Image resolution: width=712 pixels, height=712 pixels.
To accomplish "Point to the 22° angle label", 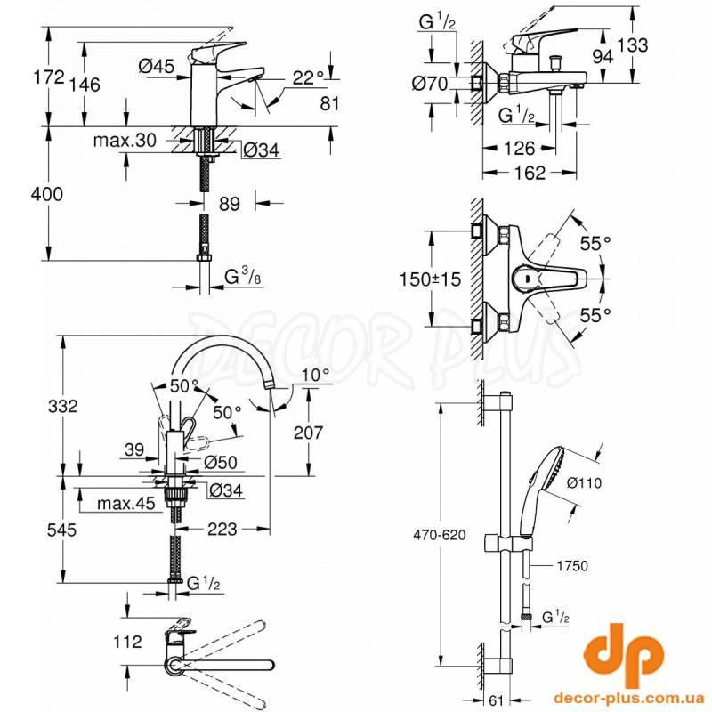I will [x=308, y=78].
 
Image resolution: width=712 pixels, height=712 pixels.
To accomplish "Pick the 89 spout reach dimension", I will [x=230, y=204].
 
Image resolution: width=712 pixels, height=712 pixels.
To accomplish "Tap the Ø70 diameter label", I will [x=433, y=85].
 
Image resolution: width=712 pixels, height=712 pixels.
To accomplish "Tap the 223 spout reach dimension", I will [x=222, y=529].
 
